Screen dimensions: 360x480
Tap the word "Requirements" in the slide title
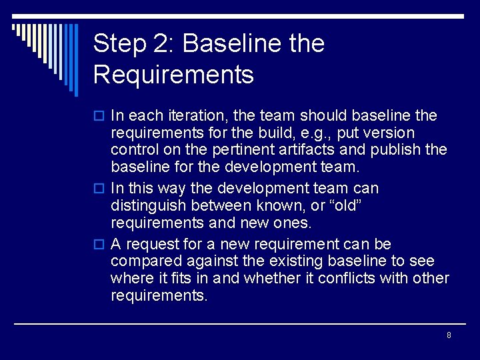click(x=173, y=75)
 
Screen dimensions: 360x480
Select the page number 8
click(x=449, y=335)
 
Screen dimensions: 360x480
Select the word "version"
click(x=391, y=133)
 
